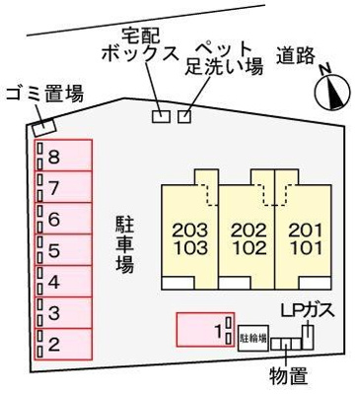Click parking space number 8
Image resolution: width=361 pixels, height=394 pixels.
click(64, 156)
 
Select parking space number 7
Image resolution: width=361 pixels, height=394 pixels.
click(64, 187)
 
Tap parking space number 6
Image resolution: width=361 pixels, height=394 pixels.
click(64, 219)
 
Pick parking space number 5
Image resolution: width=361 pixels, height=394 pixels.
click(64, 250)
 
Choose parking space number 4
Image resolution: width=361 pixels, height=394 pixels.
click(64, 282)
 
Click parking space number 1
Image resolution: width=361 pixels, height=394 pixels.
click(204, 330)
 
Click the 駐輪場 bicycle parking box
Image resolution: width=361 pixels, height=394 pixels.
click(253, 336)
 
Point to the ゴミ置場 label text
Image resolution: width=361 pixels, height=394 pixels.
click(43, 95)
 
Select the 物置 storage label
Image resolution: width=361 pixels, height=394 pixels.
click(285, 376)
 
